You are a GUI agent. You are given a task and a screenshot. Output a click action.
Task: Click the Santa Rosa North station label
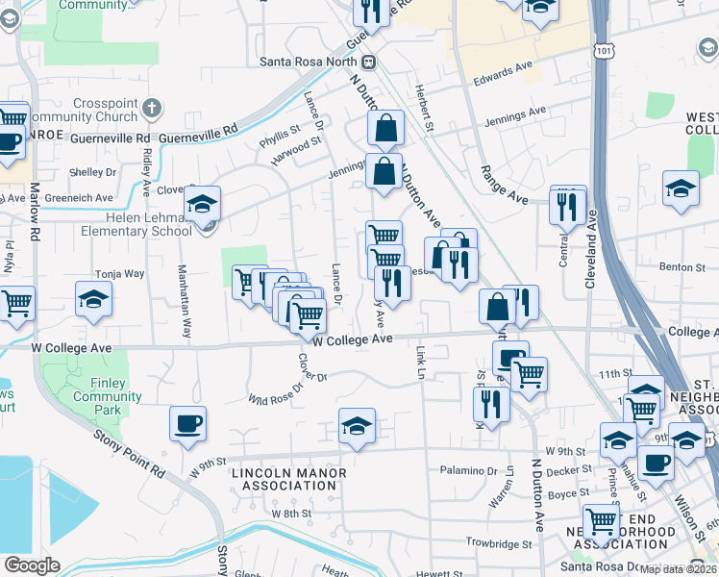[x=313, y=61]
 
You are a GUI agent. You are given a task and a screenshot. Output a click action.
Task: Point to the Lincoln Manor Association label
[x=285, y=479]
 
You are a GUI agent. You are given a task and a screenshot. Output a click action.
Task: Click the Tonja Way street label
[x=119, y=274]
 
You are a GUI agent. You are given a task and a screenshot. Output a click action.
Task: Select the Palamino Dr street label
[x=472, y=472]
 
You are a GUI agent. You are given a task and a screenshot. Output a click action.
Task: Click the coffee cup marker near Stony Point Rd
[x=187, y=424]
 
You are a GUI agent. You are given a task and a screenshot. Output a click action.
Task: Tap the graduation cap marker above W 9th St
[x=357, y=426]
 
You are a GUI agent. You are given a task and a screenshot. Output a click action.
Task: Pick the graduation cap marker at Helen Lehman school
[x=202, y=204]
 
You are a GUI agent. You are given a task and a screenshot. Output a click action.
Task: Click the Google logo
[x=32, y=565]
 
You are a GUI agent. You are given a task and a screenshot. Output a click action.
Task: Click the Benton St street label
[x=676, y=266]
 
